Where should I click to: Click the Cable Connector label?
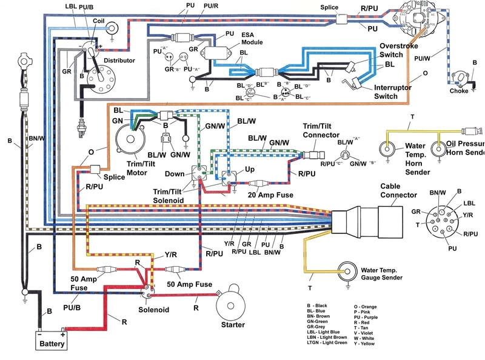398,191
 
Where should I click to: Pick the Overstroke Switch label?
400,50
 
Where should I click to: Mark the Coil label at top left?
98,20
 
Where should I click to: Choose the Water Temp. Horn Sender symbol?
386,148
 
